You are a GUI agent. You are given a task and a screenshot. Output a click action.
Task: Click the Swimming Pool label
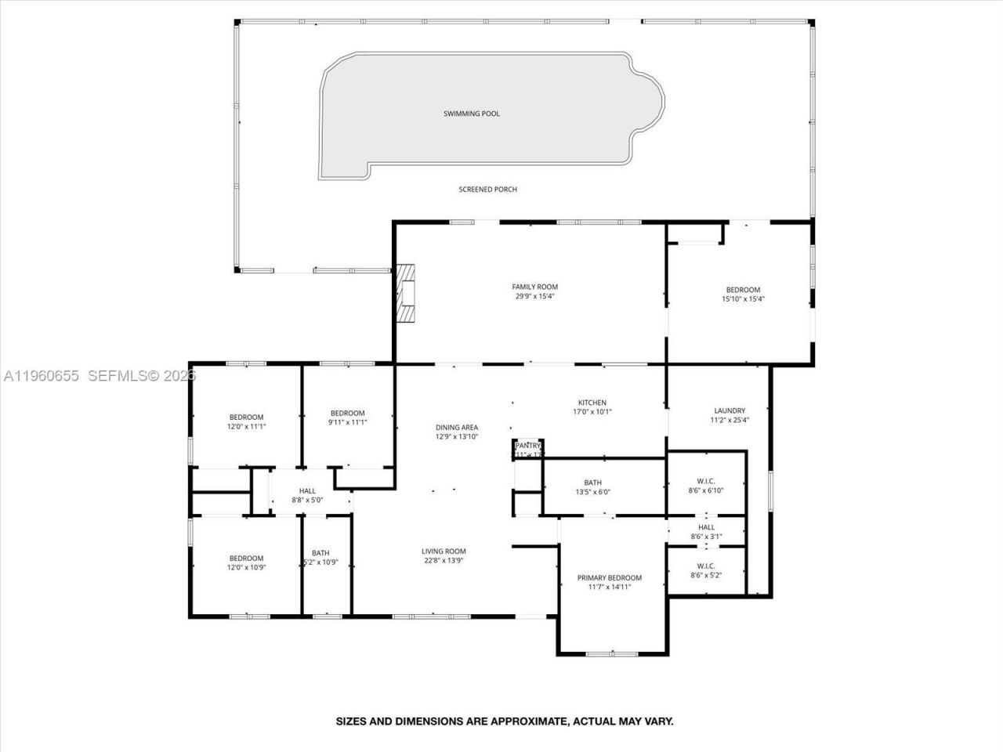coord(471,114)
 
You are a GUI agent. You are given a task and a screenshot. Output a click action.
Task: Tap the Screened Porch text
coord(487,190)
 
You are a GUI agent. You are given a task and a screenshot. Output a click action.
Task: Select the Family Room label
coord(534,287)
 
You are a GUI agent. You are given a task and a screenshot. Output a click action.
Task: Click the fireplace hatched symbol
coord(406,293)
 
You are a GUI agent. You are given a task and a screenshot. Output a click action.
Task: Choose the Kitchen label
coord(592,403)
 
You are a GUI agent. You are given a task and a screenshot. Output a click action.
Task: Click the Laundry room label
coord(729,410)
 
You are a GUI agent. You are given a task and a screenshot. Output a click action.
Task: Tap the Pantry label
coord(528,446)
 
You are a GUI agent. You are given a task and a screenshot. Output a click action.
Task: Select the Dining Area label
coord(457,427)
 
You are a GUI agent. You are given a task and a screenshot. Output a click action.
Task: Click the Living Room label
coord(444,551)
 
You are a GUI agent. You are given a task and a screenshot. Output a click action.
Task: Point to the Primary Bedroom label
coord(609,578)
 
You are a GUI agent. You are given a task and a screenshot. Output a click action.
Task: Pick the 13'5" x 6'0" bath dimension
coord(592,493)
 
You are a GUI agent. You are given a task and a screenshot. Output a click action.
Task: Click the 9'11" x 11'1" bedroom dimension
coord(347,422)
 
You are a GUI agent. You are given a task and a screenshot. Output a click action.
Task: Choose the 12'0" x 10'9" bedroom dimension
coord(246,568)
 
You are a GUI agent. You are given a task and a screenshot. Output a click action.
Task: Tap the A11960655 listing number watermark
coord(41,376)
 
